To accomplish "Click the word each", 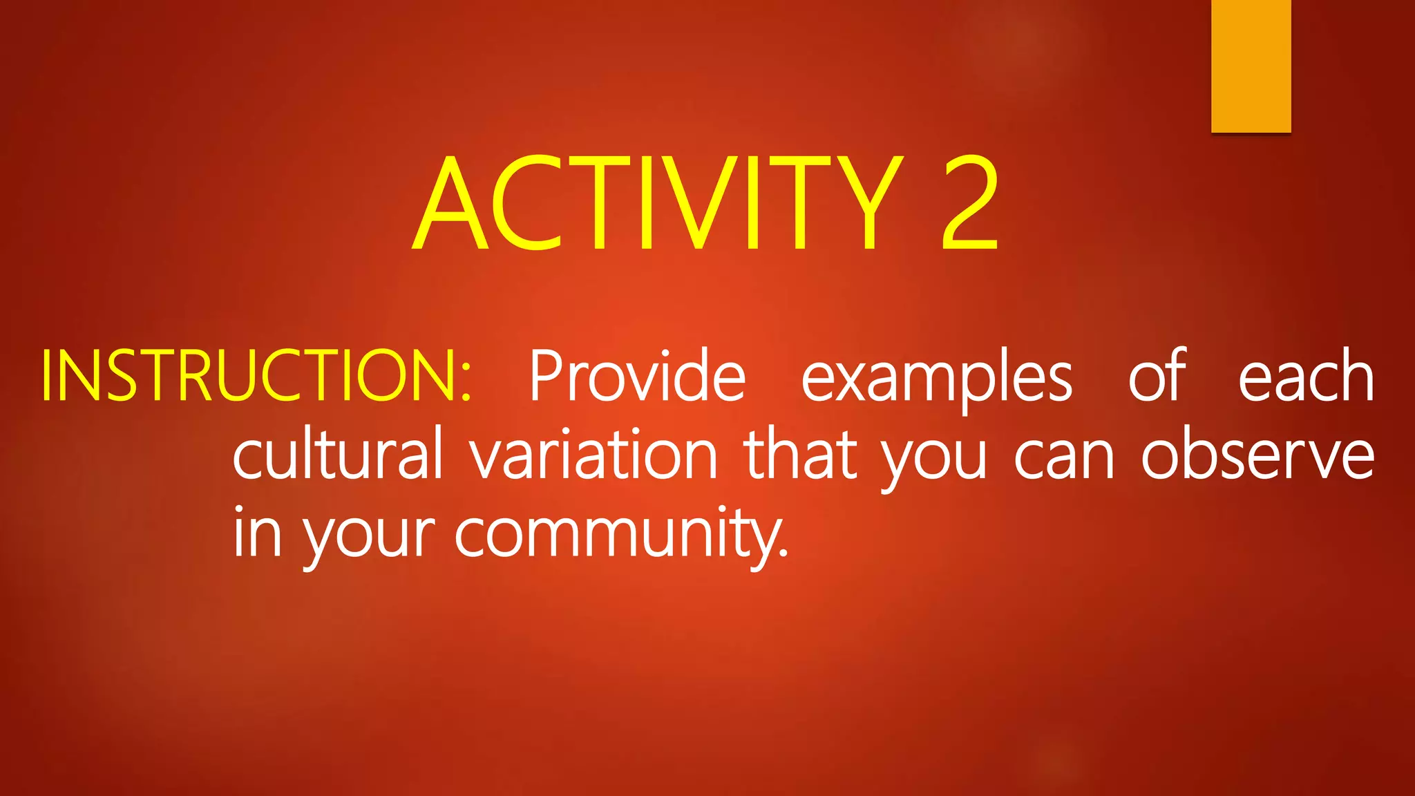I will [x=1305, y=377].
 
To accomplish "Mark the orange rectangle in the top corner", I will [x=1251, y=66].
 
